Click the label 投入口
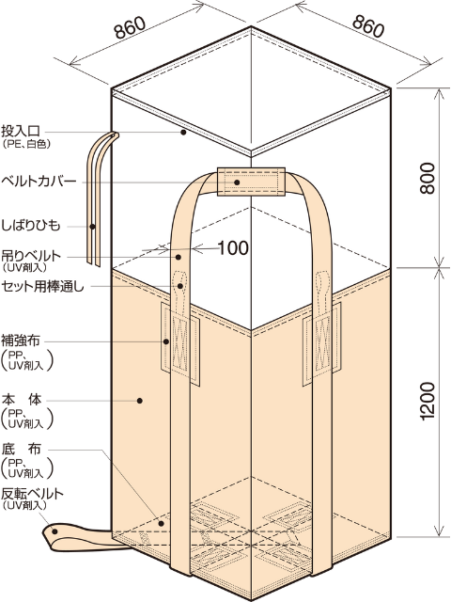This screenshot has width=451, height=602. [x=21, y=132]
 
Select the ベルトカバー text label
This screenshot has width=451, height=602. [x=39, y=181]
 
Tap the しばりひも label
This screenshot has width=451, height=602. [x=31, y=226]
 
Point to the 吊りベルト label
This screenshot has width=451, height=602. [x=31, y=255]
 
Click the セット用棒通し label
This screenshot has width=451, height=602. [x=42, y=286]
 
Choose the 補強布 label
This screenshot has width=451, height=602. [x=21, y=341]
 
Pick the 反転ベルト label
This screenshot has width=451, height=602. [x=32, y=493]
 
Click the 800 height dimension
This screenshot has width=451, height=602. [x=428, y=178]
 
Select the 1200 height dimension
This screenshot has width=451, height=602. [x=428, y=401]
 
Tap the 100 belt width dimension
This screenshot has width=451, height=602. [x=233, y=248]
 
